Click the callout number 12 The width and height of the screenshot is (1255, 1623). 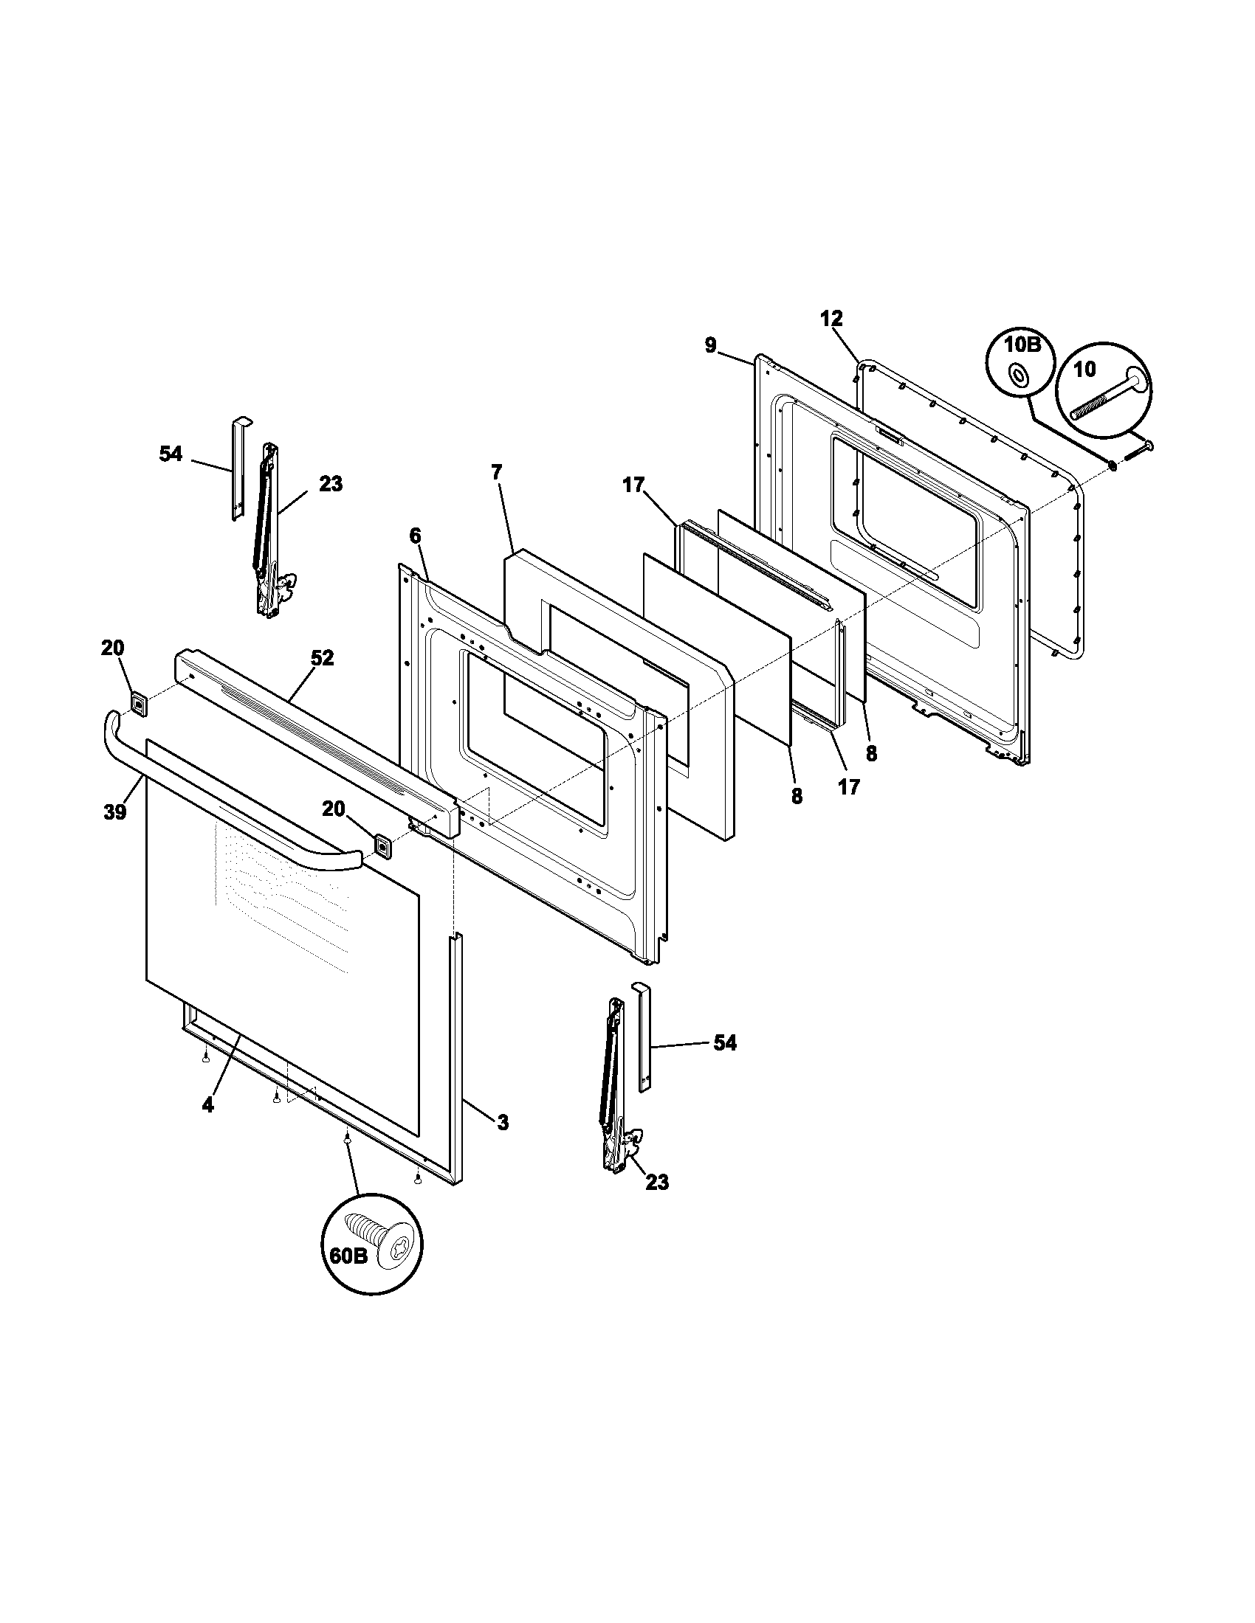coord(831,319)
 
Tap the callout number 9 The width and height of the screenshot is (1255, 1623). coord(711,345)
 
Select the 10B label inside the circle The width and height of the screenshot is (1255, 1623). coord(1022,345)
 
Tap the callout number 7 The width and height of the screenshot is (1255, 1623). coord(496,471)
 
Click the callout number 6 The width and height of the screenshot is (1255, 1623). coord(415,535)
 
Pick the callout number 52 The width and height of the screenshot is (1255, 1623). coord(322,657)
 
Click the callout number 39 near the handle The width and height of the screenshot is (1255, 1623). coord(114,812)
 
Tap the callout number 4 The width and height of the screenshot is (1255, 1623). coord(207,1126)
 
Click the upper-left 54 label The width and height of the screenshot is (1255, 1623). coord(171,453)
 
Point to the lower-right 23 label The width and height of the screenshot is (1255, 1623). coord(657,1182)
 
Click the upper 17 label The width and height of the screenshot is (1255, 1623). coord(633,485)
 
